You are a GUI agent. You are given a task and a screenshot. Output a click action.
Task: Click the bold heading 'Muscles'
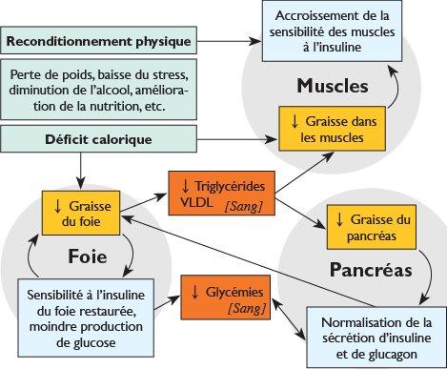click(x=332, y=86)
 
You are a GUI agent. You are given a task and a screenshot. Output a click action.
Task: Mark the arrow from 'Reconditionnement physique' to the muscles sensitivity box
click(x=238, y=42)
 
